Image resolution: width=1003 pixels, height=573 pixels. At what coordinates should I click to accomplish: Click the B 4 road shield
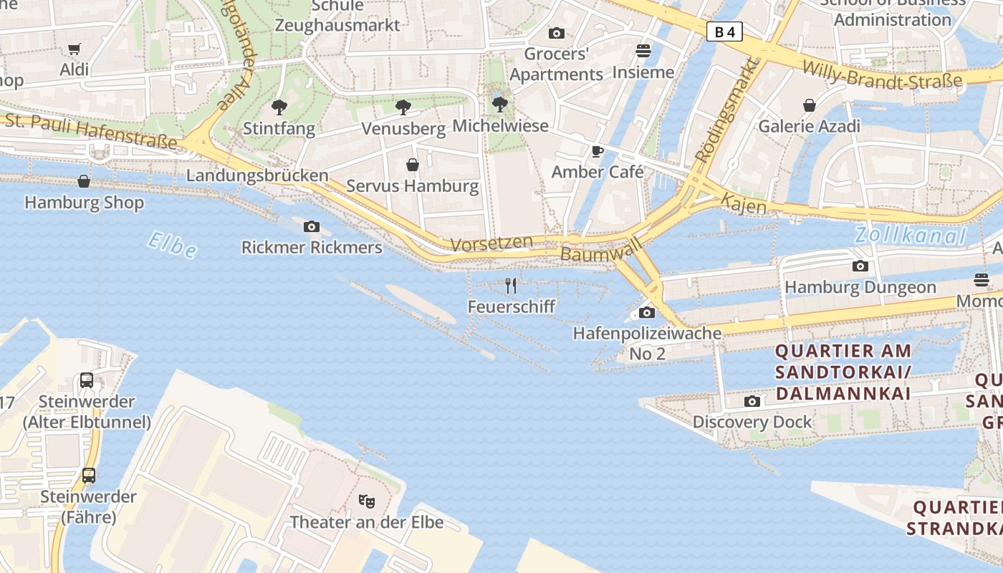click(724, 32)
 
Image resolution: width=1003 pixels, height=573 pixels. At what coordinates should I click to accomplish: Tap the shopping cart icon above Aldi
click(74, 49)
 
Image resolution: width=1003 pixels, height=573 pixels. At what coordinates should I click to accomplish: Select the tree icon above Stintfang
click(279, 107)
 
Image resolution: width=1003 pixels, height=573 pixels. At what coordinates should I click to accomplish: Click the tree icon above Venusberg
click(403, 107)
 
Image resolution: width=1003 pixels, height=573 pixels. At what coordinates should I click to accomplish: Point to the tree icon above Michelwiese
click(500, 105)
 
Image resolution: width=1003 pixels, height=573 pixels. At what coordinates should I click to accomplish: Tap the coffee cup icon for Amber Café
click(597, 151)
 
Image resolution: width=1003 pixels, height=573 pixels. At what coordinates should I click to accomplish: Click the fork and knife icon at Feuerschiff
click(511, 286)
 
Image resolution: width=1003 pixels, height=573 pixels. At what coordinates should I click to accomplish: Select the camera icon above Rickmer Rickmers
click(311, 226)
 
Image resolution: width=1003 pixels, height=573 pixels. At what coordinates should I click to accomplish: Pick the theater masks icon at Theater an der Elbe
click(366, 500)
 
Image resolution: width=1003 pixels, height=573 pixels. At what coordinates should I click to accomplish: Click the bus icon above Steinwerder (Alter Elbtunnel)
click(87, 380)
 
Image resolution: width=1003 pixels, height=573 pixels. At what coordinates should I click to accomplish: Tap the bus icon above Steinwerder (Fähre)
click(88, 475)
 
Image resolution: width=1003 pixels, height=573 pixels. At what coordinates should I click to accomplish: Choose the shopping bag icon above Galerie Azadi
click(809, 105)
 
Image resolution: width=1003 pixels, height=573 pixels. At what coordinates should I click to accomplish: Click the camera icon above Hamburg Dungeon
click(860, 266)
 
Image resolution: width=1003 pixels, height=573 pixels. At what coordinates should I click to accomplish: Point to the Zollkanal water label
click(910, 235)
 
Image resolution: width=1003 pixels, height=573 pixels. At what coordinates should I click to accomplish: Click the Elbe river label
click(172, 244)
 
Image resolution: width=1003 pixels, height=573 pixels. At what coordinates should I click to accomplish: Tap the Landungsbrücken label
click(257, 175)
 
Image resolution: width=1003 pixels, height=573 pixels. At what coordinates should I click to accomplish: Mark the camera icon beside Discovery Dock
click(752, 401)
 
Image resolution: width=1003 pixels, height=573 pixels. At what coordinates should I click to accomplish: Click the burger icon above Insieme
click(643, 51)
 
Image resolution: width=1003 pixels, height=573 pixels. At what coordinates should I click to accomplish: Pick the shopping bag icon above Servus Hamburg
click(413, 165)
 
